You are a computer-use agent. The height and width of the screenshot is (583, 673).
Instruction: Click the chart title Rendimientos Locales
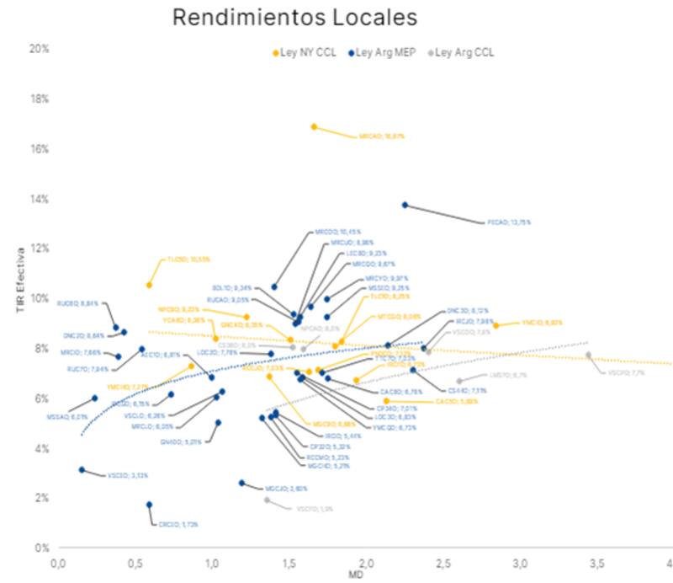point(294,18)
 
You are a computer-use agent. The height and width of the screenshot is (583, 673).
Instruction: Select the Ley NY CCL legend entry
point(305,52)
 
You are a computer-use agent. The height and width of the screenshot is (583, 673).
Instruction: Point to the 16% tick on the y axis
point(39,149)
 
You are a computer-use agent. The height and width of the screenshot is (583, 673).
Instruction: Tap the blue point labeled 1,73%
point(149,505)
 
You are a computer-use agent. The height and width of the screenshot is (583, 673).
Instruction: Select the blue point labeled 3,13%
point(82,470)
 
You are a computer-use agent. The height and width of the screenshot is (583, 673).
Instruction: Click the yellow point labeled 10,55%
point(150,286)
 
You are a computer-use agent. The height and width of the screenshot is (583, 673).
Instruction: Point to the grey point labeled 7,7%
point(588,356)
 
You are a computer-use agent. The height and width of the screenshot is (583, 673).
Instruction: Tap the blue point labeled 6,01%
point(94,398)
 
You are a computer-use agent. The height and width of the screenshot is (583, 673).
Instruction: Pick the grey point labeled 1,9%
point(268,500)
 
